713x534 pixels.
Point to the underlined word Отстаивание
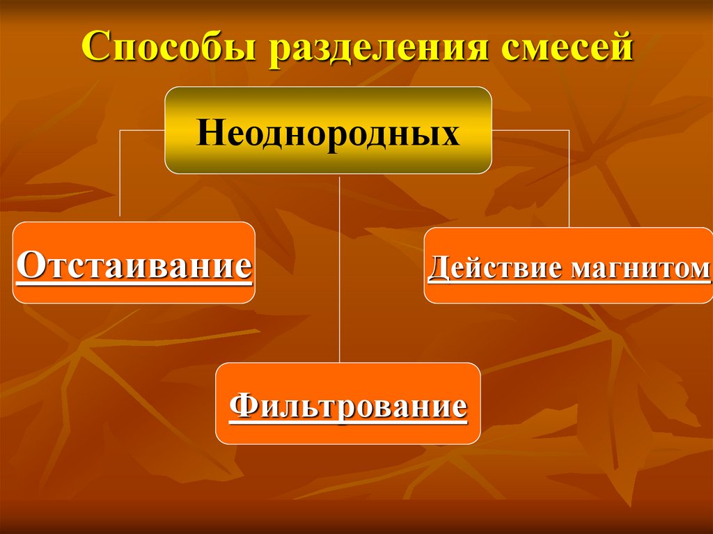(x=133, y=265)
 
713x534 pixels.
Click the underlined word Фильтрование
(x=347, y=405)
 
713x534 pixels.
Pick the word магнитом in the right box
(x=639, y=268)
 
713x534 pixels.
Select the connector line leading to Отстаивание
(x=120, y=174)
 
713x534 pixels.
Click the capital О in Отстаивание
(x=29, y=265)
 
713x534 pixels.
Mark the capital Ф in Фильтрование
(x=241, y=405)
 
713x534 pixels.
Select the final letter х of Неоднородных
(x=452, y=134)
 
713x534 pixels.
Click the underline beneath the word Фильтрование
(x=347, y=422)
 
